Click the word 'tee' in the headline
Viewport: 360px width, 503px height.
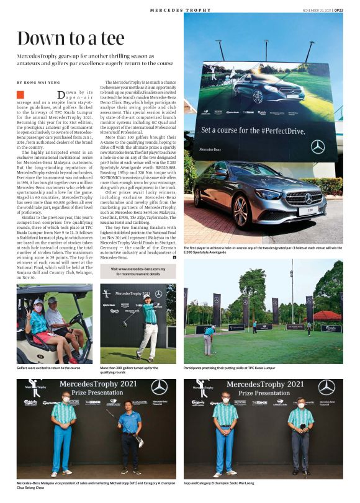point(108,38)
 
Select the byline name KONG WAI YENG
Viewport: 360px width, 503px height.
point(43,82)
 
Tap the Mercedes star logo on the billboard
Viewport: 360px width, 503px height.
point(318,147)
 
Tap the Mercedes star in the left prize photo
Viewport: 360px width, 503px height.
point(159,387)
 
